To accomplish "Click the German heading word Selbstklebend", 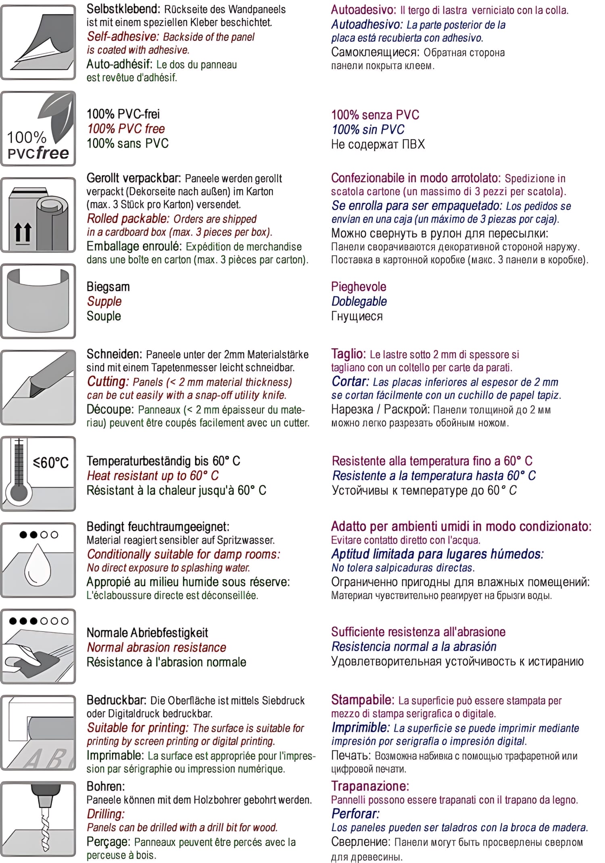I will [x=123, y=9].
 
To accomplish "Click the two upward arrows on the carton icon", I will [x=23, y=233].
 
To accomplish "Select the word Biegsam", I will [x=108, y=287].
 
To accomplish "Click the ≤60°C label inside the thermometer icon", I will [x=51, y=463].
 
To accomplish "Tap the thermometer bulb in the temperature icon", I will [x=19, y=492].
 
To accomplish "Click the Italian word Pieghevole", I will [x=359, y=287].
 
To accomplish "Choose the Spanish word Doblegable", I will [x=359, y=301].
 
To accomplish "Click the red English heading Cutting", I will [x=107, y=382].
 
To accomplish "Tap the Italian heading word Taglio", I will [x=348, y=354].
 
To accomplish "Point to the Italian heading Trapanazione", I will [x=370, y=786].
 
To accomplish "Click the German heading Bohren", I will [x=106, y=786].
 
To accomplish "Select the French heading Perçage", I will [x=108, y=842].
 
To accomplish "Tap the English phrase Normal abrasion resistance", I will [x=156, y=647].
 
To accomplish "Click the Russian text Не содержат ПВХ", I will [x=378, y=144].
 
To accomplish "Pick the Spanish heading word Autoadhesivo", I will [x=366, y=25].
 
